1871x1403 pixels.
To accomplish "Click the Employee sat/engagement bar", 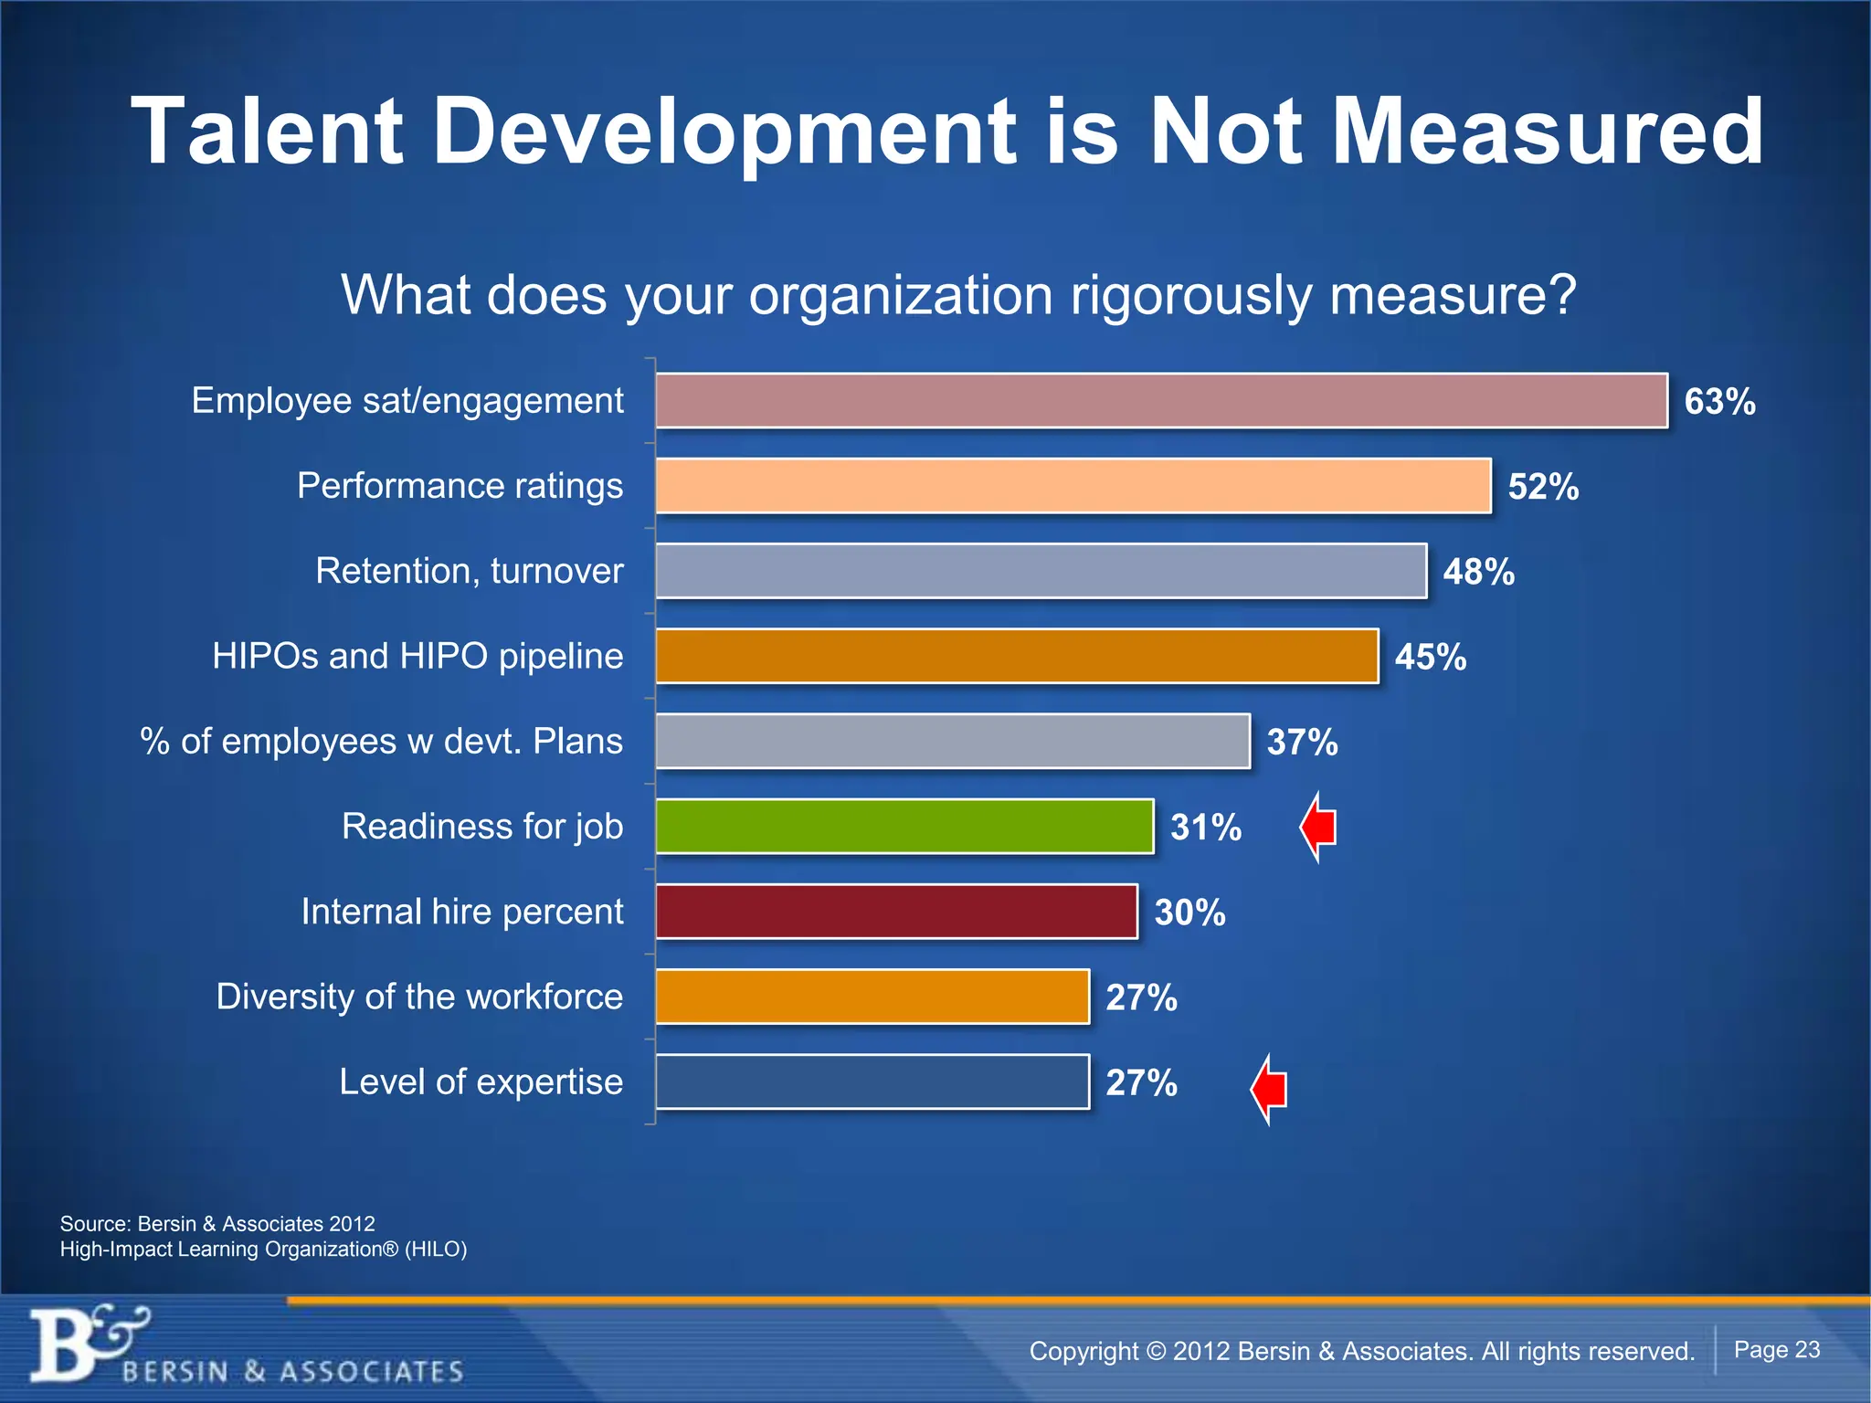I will point(1160,400).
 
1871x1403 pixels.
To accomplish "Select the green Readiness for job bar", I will point(904,827).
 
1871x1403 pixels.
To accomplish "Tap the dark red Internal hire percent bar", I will point(896,912).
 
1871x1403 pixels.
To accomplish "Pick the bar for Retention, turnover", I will point(1041,571).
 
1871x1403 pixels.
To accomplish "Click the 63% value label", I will point(1719,402).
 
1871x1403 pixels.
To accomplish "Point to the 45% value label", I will point(1430,657).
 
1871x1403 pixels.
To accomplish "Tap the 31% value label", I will point(1206,828).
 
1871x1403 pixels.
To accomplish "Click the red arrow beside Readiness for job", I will point(1318,828).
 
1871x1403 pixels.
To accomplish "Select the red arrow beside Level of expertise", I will point(1269,1089).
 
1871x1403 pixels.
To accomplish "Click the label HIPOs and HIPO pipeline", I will point(418,656).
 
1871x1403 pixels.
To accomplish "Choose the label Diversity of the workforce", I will point(419,997).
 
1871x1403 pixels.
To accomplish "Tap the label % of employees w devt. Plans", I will point(381,741).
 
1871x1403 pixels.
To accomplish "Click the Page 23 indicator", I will point(1776,1350).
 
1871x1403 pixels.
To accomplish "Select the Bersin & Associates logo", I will point(247,1346).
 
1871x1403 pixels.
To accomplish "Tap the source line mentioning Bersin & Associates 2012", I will point(217,1224).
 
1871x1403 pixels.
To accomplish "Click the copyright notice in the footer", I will point(1361,1351).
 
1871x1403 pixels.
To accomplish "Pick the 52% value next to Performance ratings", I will point(1543,487).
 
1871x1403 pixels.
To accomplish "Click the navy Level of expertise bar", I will point(872,1082).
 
